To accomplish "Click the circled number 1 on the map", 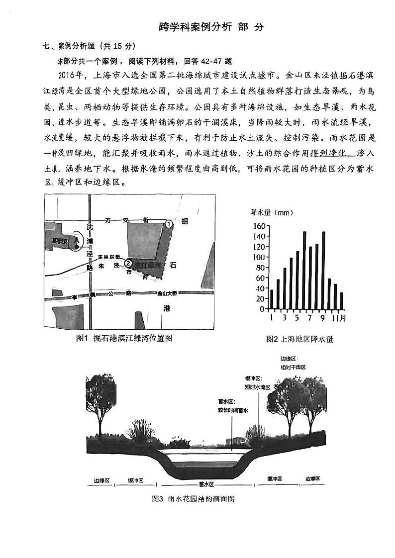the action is (169, 224).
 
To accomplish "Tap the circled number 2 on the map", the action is (128, 263).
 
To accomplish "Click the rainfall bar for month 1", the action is (272, 298).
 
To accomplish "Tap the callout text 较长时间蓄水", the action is (232, 410).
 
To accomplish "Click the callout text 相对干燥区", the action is (293, 367).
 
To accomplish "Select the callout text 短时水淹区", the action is (257, 387).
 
